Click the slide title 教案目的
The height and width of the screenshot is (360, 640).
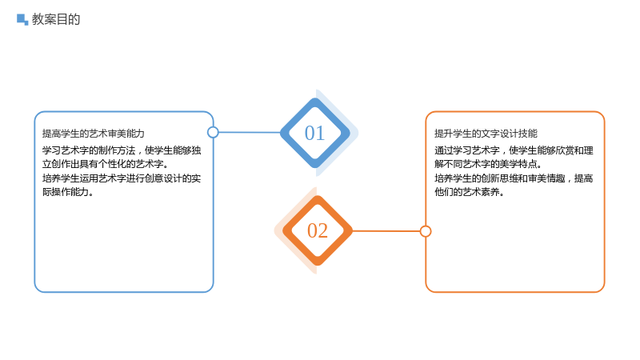tap(56, 19)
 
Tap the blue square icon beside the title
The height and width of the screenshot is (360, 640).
tap(22, 19)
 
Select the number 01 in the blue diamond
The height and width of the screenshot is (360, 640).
tap(314, 133)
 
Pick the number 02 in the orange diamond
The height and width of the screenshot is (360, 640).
tap(318, 230)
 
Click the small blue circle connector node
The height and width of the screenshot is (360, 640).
tap(213, 132)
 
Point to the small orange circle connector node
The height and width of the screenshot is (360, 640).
tap(426, 231)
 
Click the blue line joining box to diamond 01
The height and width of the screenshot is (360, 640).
tap(250, 132)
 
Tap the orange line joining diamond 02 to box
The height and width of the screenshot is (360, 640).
tap(386, 231)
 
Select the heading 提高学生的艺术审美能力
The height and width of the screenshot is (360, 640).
tap(94, 134)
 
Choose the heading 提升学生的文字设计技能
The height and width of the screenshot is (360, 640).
tap(486, 134)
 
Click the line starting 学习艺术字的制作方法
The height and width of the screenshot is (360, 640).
tap(122, 150)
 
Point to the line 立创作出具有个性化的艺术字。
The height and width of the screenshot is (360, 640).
tap(106, 164)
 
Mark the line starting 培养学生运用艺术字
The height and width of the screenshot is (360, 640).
tap(122, 178)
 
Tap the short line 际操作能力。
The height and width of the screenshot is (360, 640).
tap(68, 192)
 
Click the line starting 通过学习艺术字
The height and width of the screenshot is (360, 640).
tap(514, 150)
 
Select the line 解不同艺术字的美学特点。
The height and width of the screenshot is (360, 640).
tap(488, 164)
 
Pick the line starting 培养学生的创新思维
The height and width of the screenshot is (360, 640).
tap(514, 178)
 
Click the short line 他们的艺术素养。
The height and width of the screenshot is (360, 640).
tap(470, 192)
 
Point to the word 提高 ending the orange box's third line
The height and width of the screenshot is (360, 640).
tap(584, 178)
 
